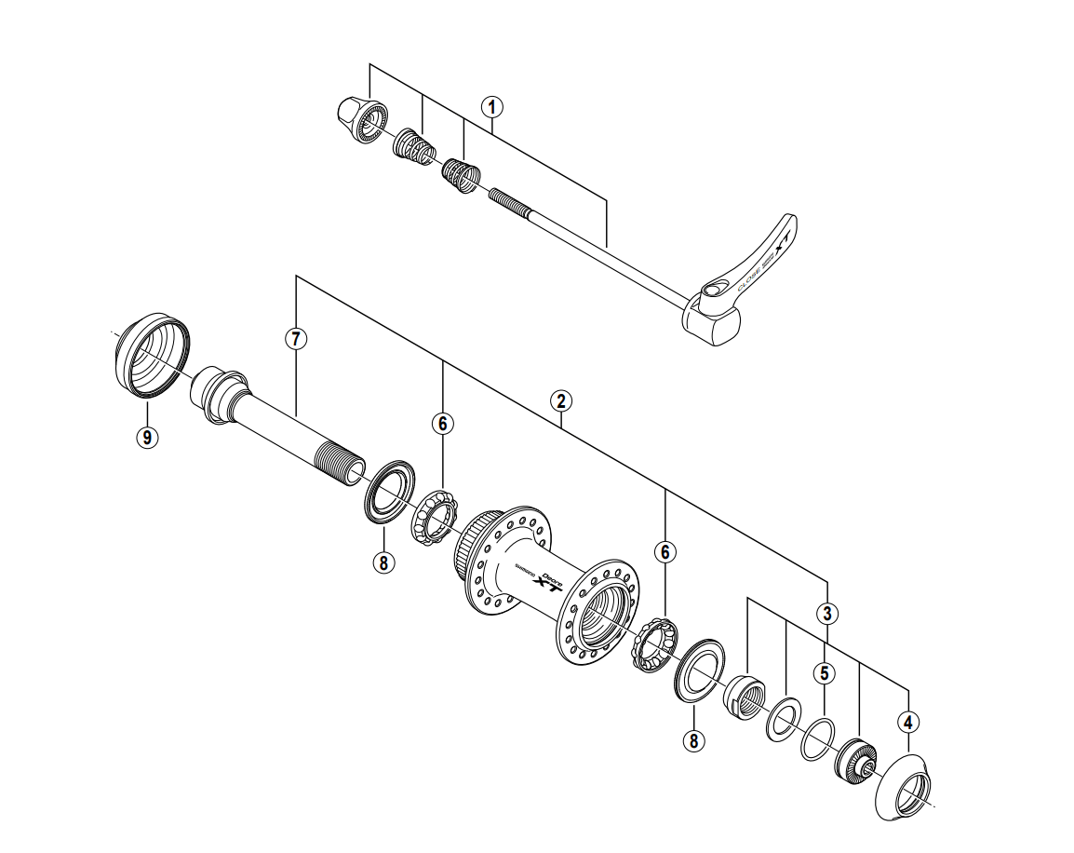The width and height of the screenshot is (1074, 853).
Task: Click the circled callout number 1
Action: pos(491,107)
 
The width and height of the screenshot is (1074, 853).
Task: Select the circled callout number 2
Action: pos(559,401)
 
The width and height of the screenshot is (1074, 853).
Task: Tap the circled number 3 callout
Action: pos(827,613)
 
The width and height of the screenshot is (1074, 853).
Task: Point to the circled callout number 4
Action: pos(907,721)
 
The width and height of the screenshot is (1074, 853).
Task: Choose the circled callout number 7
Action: pos(295,339)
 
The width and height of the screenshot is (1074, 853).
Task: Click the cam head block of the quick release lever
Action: pos(714,319)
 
